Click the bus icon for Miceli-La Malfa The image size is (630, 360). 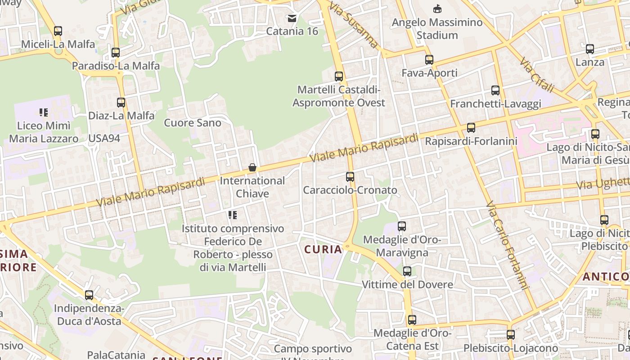point(58,31)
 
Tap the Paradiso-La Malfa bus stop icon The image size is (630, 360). point(116,53)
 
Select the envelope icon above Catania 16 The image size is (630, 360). point(292,18)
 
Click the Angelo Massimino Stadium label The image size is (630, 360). point(437,28)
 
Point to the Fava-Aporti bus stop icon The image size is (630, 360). point(429,60)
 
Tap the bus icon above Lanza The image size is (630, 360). point(590,49)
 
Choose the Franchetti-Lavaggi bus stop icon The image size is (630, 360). point(495,90)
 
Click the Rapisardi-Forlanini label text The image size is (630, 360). point(471,141)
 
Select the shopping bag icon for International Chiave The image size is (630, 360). point(252,168)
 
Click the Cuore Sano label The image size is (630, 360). point(193,123)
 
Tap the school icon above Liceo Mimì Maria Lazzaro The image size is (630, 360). point(44,112)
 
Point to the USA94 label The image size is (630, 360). point(104,138)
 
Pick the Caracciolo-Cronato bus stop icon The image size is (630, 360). point(350,177)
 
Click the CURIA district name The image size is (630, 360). point(323,249)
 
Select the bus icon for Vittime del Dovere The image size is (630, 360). point(407,271)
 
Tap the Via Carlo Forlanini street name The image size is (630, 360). point(506,246)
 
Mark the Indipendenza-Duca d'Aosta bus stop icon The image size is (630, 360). point(89,295)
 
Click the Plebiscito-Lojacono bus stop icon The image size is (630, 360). point(510,335)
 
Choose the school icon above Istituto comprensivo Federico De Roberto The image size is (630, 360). point(233,215)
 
